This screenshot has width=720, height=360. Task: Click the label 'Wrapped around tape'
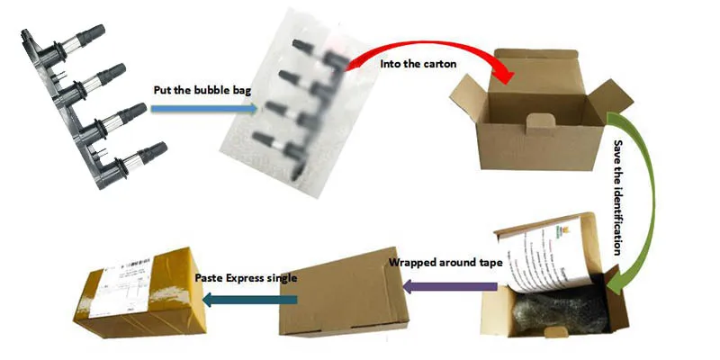tap(445, 264)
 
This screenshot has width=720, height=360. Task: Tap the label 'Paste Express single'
tap(246, 278)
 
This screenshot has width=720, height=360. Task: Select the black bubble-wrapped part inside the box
tap(562, 310)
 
